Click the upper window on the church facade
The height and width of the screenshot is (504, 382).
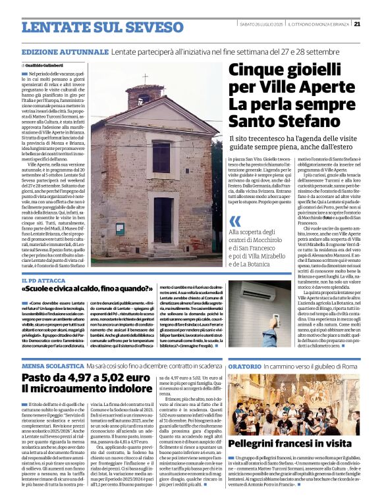coord(161,157)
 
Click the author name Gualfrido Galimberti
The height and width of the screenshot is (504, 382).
coord(46,66)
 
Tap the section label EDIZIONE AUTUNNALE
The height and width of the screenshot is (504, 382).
coord(65,51)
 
